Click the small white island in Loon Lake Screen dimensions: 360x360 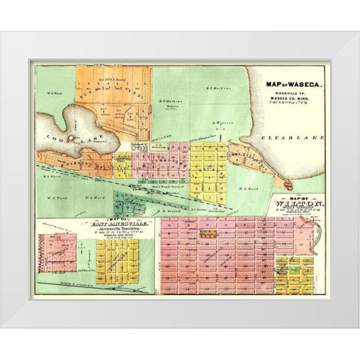coord(69,138)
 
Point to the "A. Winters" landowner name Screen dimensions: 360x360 coord(218,122)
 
